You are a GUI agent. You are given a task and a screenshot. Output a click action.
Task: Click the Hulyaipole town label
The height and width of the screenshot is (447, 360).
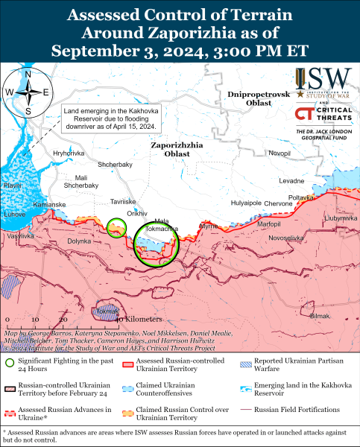[x=247, y=203]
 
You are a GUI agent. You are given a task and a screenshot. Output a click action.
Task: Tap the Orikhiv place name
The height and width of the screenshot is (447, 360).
[x=138, y=213]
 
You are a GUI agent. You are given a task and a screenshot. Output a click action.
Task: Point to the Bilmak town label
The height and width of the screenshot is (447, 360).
[x=319, y=316]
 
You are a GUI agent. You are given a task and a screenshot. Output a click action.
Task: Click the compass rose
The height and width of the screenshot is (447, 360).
[x=28, y=92]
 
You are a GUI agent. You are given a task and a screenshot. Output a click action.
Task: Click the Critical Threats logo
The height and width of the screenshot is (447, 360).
[x=323, y=115]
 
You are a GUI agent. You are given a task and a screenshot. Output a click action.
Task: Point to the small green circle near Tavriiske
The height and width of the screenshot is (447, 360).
[x=116, y=227]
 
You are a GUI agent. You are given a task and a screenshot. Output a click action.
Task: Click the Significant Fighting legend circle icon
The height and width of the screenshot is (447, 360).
[x=10, y=363]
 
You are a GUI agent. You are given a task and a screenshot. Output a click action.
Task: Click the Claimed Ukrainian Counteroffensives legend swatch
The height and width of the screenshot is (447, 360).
[x=128, y=386]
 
